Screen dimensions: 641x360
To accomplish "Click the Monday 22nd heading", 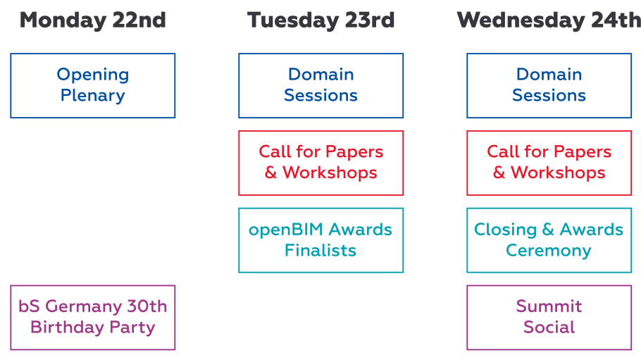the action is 93,20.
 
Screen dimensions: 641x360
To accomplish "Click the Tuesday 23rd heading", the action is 321,20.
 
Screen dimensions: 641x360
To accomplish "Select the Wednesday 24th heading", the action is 549,20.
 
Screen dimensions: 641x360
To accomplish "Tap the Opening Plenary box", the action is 93,85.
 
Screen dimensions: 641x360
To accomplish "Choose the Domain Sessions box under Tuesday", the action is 321,85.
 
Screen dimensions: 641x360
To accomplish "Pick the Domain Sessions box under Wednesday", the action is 549,85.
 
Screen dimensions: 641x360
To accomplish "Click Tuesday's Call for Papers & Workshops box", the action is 321,163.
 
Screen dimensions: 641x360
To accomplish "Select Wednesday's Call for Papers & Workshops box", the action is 549,163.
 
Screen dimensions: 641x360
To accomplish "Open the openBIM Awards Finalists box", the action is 321,240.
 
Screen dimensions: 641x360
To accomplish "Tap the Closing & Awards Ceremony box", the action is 549,240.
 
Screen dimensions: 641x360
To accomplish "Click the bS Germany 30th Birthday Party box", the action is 93,318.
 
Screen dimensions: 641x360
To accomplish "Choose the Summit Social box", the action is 549,318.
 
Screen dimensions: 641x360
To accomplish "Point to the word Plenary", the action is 93,96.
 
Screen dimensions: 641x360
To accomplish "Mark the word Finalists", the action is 320,250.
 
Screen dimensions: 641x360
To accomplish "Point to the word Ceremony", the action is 549,251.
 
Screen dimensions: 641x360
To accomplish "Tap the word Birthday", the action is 67,328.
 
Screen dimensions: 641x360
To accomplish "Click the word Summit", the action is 549,306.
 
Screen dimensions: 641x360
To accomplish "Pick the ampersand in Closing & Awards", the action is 548,230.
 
